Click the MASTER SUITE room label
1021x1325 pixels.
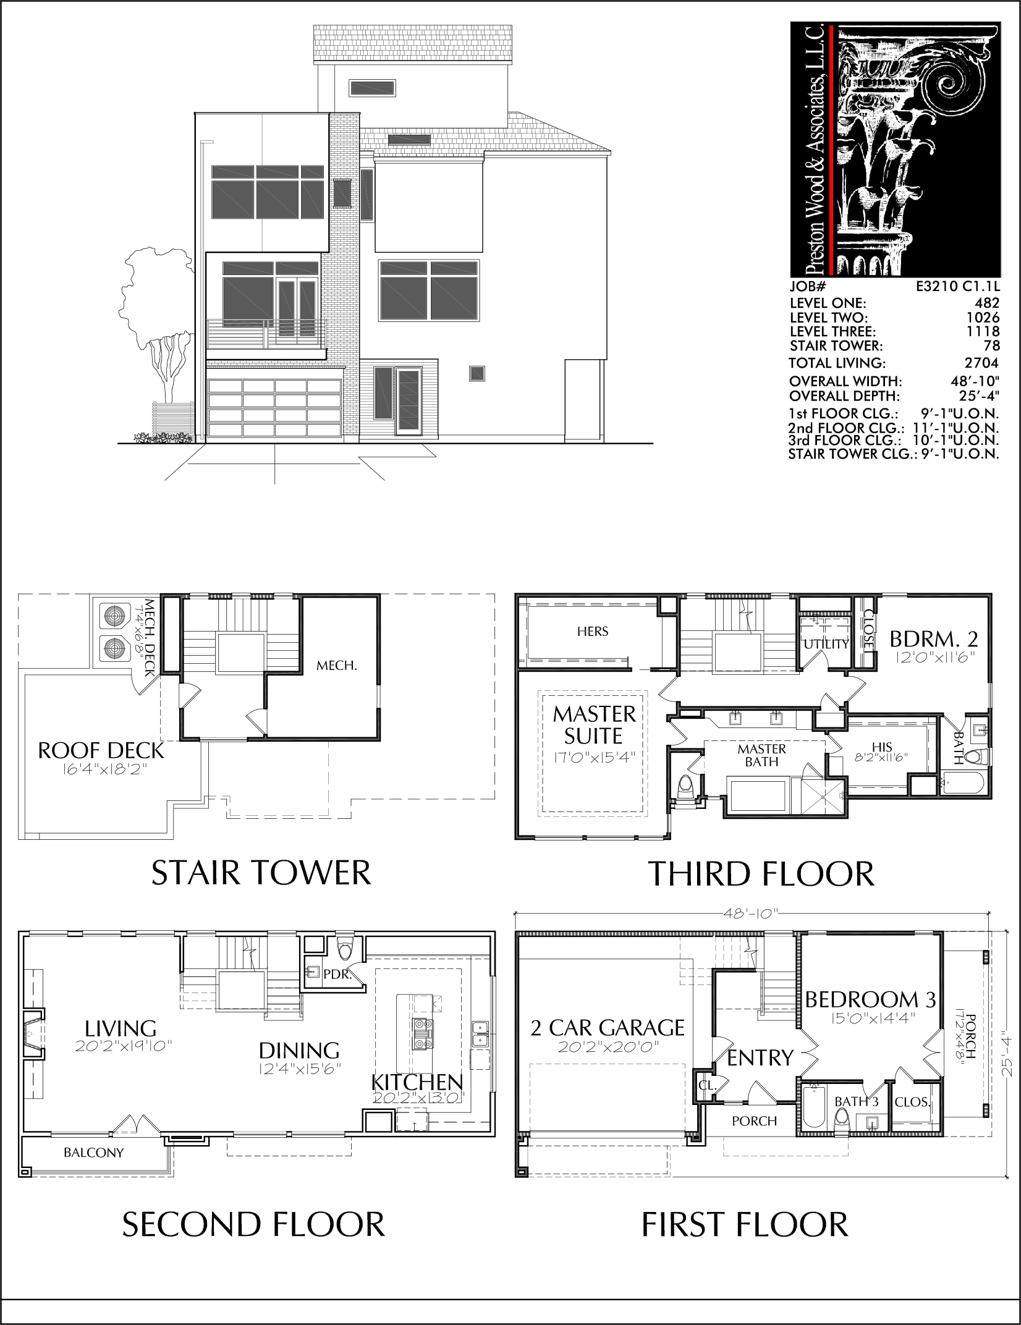coord(595,725)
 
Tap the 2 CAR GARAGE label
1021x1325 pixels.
coord(608,1028)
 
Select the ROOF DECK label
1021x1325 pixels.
coord(101,751)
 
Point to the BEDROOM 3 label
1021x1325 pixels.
coord(870,999)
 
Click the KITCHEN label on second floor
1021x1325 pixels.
coord(417,1082)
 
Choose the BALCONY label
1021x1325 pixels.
coord(93,1153)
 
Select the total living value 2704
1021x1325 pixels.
coord(981,363)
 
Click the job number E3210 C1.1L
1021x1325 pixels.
coord(957,287)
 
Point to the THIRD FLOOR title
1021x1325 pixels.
coord(761,874)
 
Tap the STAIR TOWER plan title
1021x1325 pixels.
coord(261,873)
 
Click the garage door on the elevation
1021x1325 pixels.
coord(274,409)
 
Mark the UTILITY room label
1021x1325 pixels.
coord(826,644)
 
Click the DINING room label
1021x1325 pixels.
coord(299,1050)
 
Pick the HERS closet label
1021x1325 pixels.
coord(593,631)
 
